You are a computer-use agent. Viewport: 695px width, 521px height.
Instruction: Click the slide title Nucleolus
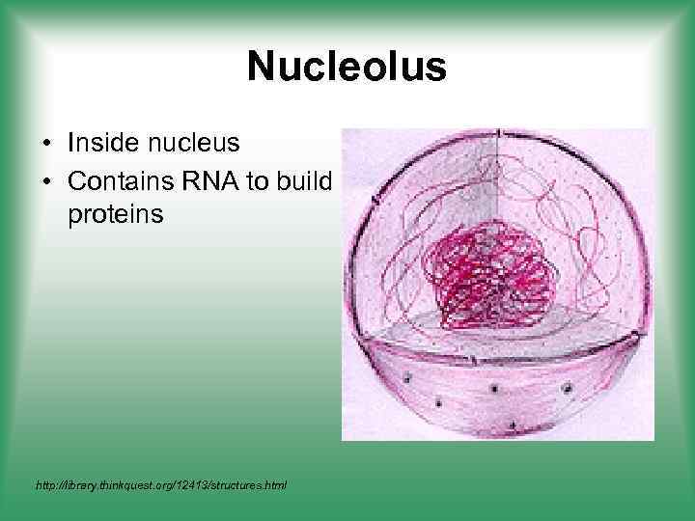click(x=347, y=68)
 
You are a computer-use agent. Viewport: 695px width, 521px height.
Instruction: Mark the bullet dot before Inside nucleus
click(x=46, y=145)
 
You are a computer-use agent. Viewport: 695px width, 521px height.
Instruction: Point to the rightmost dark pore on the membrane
click(x=567, y=389)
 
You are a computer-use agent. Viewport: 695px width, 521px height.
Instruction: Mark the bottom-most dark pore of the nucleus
click(x=511, y=425)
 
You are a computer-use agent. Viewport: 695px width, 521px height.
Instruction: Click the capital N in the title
click(x=262, y=68)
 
